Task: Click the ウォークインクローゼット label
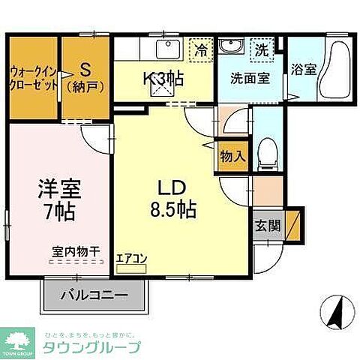click(x=34, y=78)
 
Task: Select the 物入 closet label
click(x=232, y=156)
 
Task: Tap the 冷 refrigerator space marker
click(x=200, y=51)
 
